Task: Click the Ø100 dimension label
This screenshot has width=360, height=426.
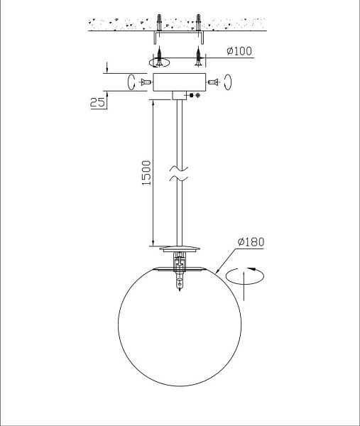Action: tap(239, 51)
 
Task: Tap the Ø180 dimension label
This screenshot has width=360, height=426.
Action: tap(251, 241)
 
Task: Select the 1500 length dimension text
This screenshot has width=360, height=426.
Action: tap(146, 173)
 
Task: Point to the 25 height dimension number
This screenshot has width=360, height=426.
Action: tap(97, 102)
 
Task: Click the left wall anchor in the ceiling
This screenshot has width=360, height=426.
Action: tap(159, 22)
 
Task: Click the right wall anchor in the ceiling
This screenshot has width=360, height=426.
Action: tap(198, 22)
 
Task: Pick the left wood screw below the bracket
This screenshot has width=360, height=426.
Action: tap(159, 56)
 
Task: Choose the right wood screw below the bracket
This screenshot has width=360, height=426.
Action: tap(199, 56)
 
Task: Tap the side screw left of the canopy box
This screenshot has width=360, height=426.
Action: tap(146, 82)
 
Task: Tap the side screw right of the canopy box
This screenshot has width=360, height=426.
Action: tap(213, 82)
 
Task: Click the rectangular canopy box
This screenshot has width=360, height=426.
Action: tap(180, 82)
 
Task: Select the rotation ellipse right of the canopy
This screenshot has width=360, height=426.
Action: tap(228, 82)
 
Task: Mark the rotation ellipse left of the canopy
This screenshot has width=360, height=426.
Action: tap(131, 82)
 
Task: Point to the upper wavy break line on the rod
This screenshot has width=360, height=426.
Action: tap(179, 169)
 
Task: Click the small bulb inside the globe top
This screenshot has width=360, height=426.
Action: tap(180, 282)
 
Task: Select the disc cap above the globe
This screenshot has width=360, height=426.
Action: tap(180, 248)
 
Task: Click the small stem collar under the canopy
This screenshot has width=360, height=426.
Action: tap(180, 95)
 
